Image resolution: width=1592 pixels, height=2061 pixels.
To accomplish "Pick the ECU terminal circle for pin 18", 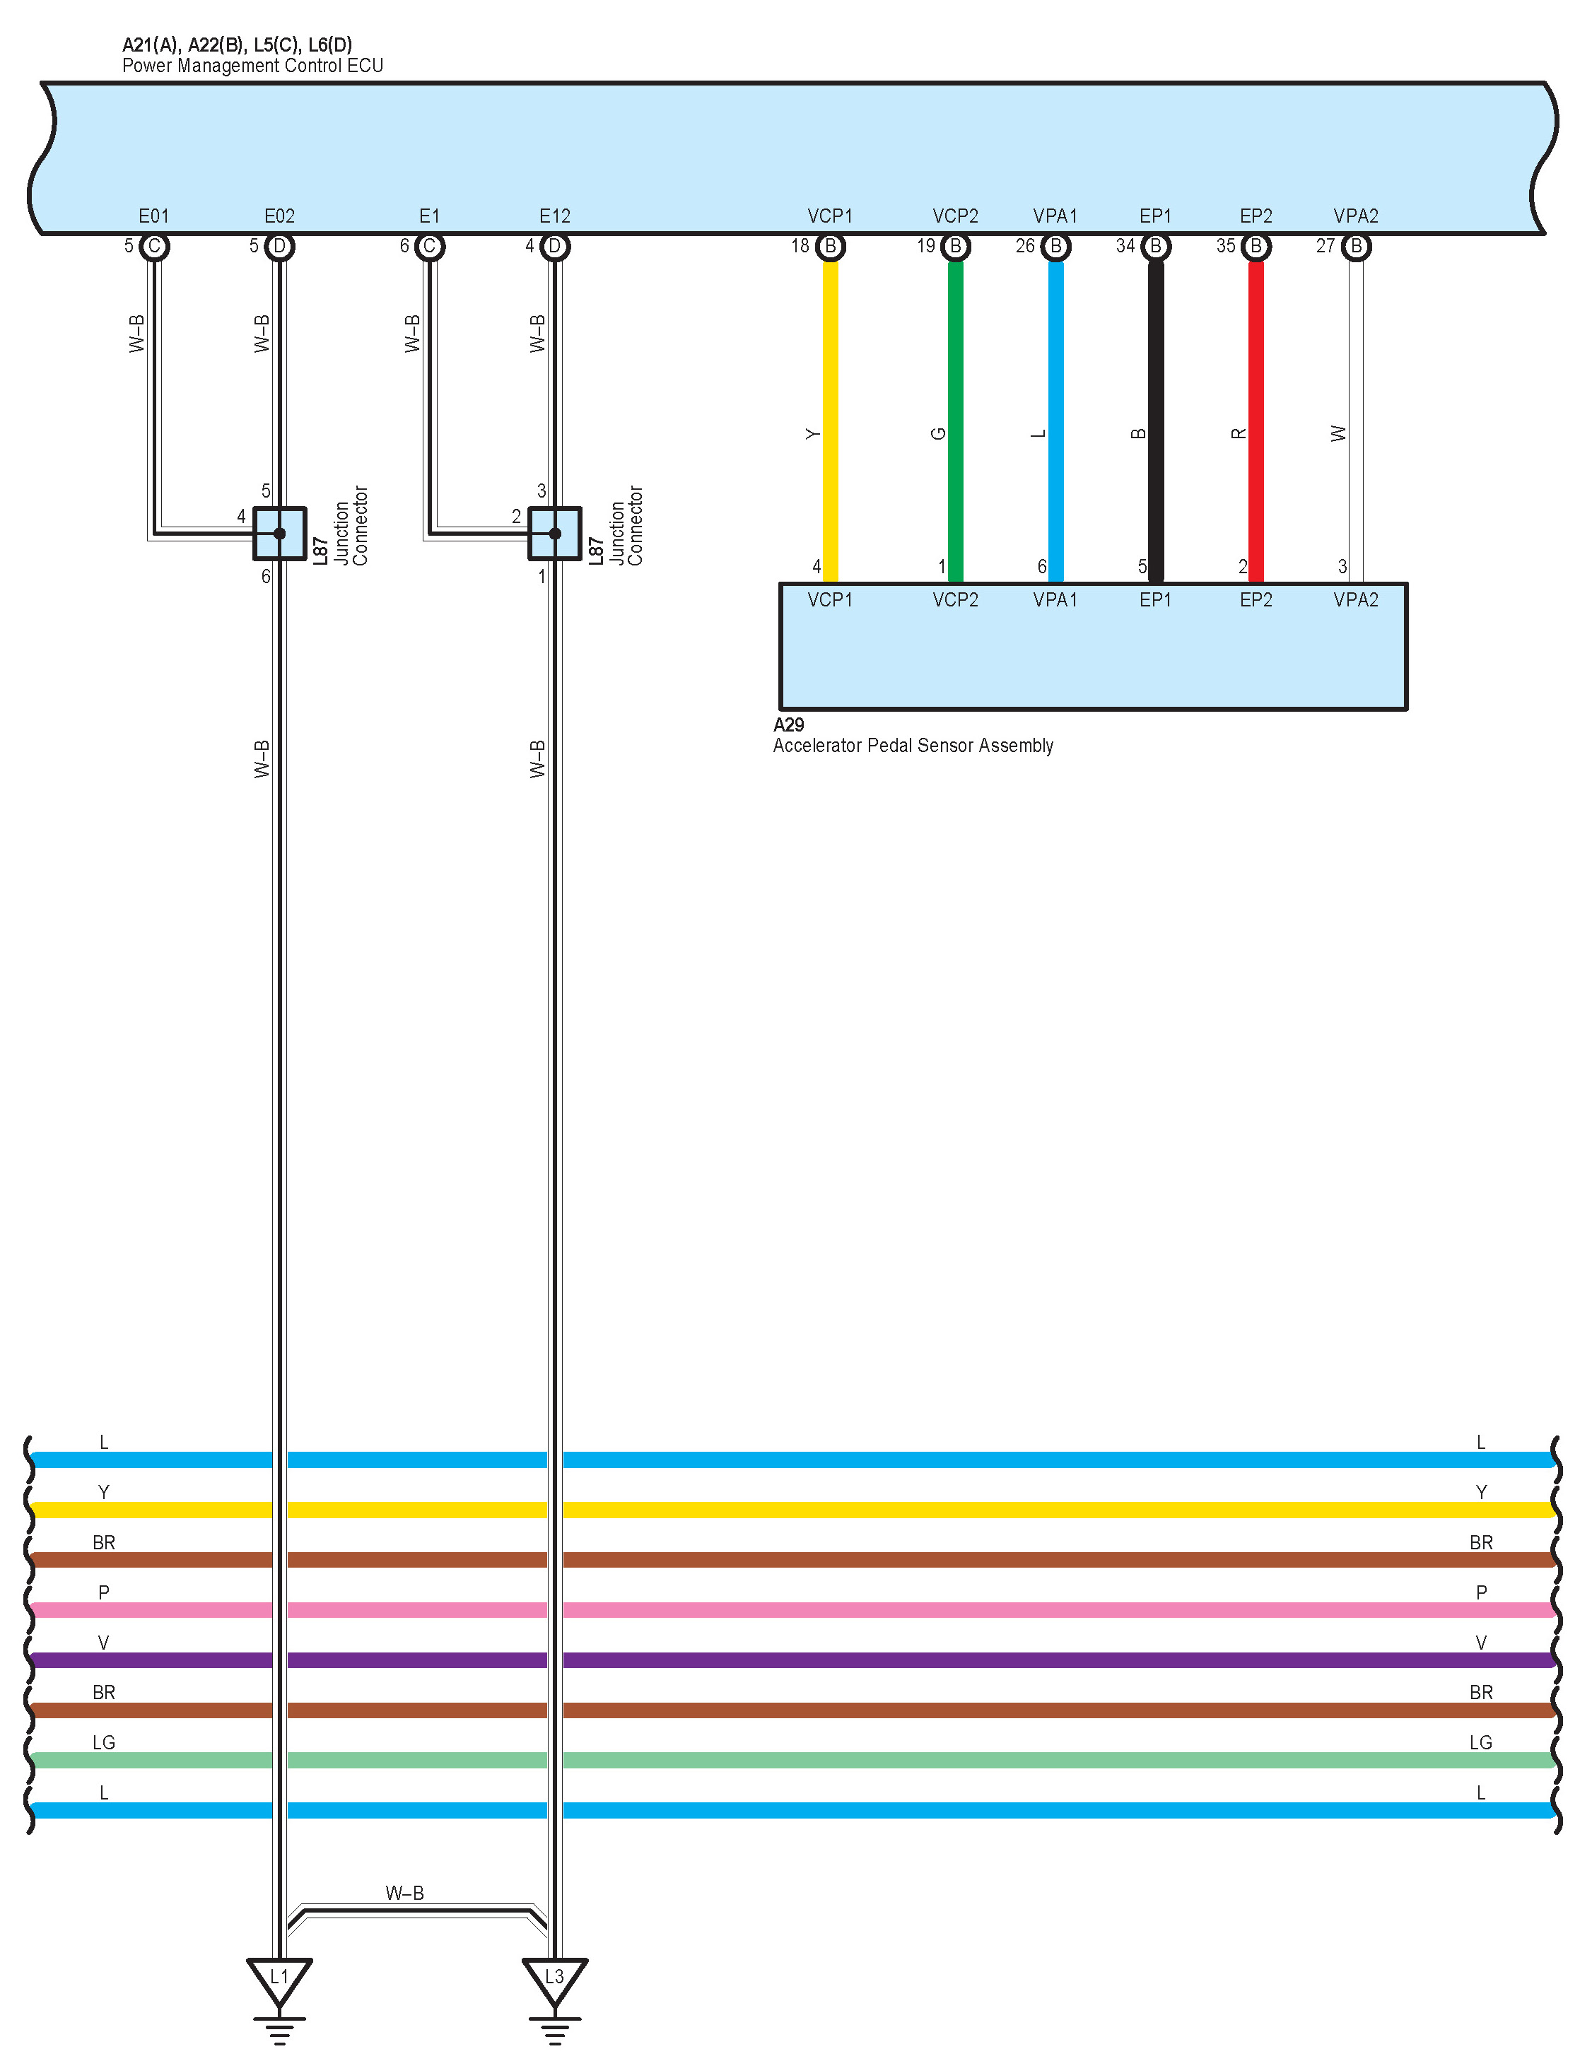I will pyautogui.click(x=831, y=246).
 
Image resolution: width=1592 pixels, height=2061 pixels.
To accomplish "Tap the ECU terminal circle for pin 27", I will pyautogui.click(x=1356, y=246).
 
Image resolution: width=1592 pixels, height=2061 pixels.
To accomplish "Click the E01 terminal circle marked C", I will pyautogui.click(x=154, y=246).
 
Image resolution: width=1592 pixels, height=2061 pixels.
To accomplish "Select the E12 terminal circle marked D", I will pyautogui.click(x=555, y=246).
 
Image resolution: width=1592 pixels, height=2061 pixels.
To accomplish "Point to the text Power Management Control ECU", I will pyautogui.click(x=253, y=66).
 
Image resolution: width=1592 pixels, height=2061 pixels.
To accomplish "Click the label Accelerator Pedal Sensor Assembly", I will pyautogui.click(x=913, y=746).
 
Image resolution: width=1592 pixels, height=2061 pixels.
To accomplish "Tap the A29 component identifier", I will pyautogui.click(x=788, y=724).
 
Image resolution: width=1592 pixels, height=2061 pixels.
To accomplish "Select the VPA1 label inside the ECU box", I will pyautogui.click(x=1055, y=216).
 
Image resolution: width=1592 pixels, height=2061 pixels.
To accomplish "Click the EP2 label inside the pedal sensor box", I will pyautogui.click(x=1256, y=600).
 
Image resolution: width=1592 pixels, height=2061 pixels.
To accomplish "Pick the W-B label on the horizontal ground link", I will pyautogui.click(x=405, y=1893).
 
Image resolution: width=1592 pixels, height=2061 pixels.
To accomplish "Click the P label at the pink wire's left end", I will pyautogui.click(x=104, y=1592).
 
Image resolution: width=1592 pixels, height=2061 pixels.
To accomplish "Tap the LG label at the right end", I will pyautogui.click(x=1480, y=1742).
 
